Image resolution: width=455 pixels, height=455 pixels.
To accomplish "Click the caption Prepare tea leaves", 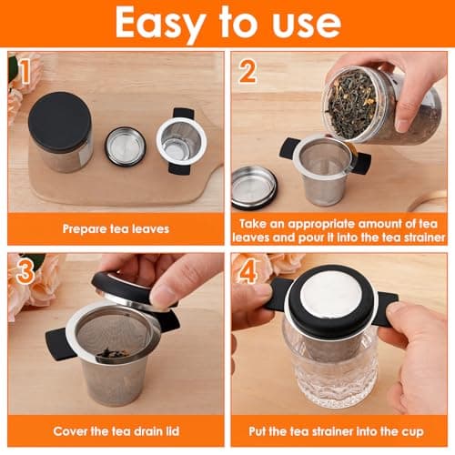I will (115, 230).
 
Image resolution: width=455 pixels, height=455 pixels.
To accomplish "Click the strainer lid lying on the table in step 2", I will (254, 187).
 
